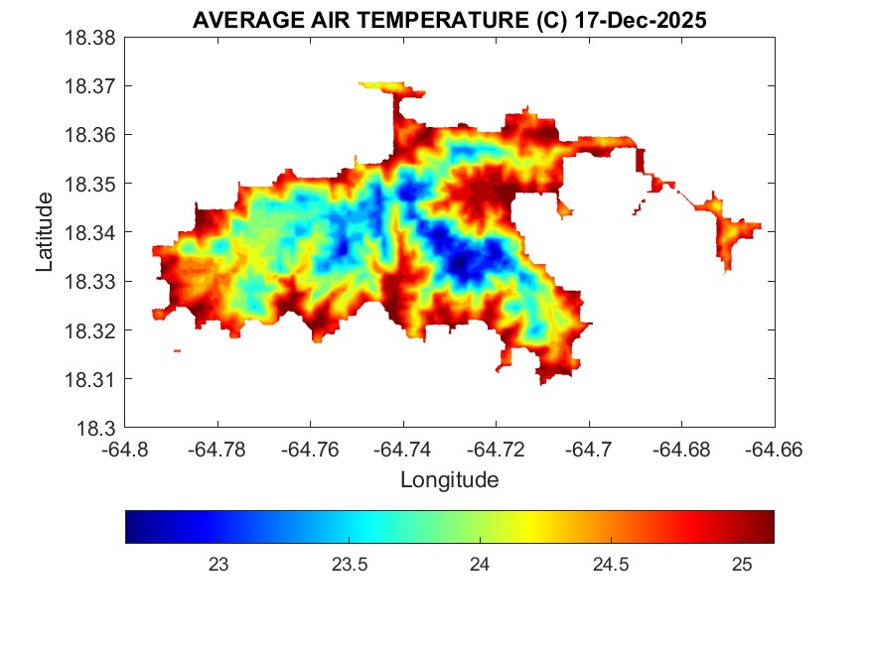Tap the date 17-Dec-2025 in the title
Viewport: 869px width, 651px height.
click(643, 21)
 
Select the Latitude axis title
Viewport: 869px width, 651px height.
click(45, 233)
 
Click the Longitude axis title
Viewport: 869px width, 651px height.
click(449, 480)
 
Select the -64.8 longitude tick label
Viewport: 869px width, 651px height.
click(125, 450)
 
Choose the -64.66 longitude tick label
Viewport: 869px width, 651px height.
click(775, 450)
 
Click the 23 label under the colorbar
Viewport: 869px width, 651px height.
click(218, 565)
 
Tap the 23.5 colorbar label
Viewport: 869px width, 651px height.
click(350, 565)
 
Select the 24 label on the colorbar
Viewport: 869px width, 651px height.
click(481, 565)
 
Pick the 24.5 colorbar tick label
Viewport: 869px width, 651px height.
click(611, 565)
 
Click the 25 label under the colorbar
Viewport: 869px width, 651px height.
click(741, 565)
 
